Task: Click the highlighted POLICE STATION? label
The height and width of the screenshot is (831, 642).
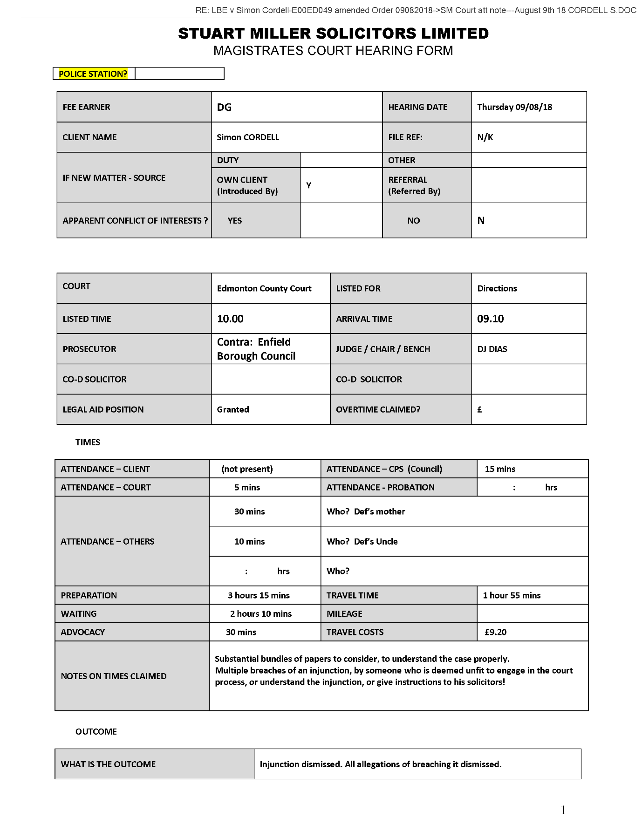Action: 93,74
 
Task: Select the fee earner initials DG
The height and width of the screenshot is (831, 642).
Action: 224,107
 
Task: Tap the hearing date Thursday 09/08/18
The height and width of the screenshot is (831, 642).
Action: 514,107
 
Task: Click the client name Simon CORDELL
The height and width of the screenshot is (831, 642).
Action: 248,137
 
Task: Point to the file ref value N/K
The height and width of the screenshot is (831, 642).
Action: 485,137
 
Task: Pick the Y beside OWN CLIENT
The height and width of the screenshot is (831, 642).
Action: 308,185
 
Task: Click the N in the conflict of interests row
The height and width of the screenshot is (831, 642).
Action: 481,221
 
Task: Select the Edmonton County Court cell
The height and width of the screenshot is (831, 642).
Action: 264,288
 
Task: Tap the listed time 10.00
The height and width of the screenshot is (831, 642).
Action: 230,319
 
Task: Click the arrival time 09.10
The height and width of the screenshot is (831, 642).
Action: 490,319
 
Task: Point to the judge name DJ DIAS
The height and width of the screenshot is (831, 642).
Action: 492,349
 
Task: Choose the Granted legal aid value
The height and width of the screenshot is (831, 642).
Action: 233,409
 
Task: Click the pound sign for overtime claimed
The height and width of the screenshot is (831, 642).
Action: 479,410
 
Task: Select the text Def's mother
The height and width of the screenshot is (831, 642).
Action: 379,511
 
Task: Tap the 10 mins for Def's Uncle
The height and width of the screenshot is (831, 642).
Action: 249,541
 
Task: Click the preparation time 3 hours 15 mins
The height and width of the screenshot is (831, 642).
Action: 259,595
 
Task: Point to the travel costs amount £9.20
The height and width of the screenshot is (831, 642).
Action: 495,632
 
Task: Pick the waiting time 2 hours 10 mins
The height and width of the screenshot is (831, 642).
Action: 261,614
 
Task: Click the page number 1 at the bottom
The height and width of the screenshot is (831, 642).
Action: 563,810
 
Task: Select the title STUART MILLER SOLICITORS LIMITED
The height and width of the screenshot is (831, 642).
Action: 333,34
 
